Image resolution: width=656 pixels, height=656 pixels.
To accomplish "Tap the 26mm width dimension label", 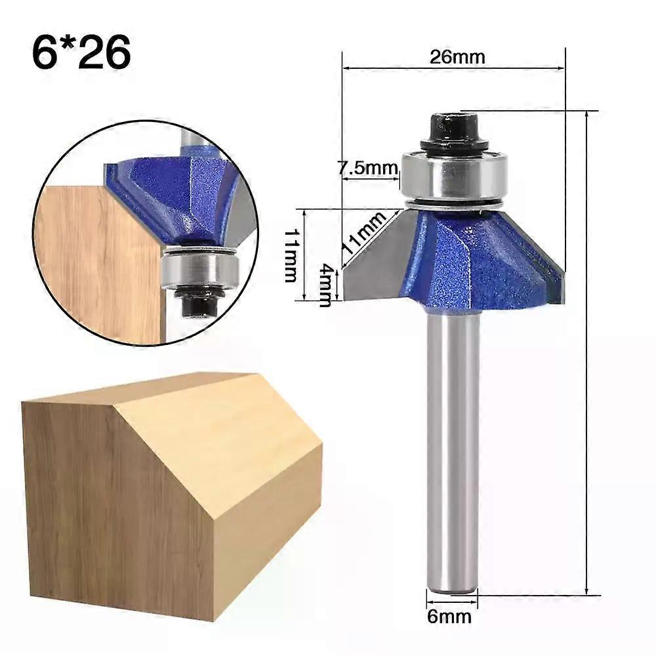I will click(x=457, y=56).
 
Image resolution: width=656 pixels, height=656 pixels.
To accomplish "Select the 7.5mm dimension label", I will click(x=368, y=168).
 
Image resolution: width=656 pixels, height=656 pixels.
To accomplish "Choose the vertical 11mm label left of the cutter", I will click(x=290, y=255).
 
